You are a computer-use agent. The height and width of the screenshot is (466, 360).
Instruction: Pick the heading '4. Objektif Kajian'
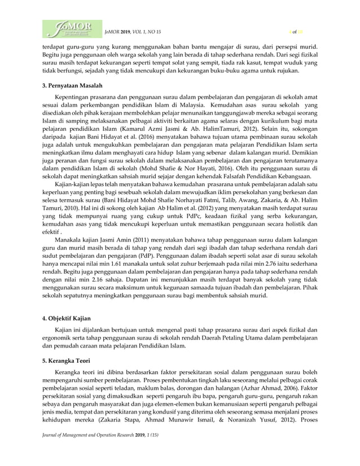point(67,319)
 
